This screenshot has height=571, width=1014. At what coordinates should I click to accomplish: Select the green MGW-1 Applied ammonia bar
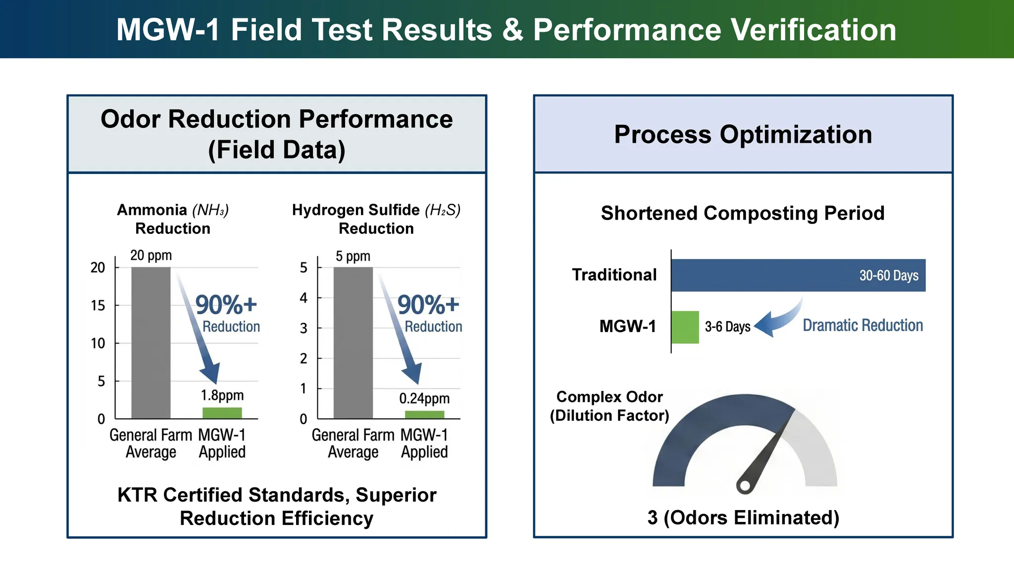222,413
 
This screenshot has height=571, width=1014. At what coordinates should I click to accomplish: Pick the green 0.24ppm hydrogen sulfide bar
424,414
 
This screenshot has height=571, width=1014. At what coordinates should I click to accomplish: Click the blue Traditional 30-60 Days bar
798,275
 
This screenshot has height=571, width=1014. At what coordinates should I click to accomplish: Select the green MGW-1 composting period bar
685,327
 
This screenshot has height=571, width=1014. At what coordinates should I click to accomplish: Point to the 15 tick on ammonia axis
98,305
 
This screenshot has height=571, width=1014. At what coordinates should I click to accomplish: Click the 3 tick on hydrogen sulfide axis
304,328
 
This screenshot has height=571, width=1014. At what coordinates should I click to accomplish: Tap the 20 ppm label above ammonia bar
151,255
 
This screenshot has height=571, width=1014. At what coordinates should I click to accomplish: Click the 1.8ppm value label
222,395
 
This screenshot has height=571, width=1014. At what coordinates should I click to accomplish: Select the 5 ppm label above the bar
353,256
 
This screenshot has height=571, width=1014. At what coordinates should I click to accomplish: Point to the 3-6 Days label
727,327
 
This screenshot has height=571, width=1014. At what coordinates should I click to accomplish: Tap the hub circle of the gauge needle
744,486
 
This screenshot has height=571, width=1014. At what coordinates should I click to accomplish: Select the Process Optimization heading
743,134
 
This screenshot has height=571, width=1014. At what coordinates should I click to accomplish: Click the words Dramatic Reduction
862,325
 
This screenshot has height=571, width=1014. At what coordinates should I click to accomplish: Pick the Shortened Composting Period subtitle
743,213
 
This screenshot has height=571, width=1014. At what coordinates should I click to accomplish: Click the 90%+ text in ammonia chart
226,304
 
